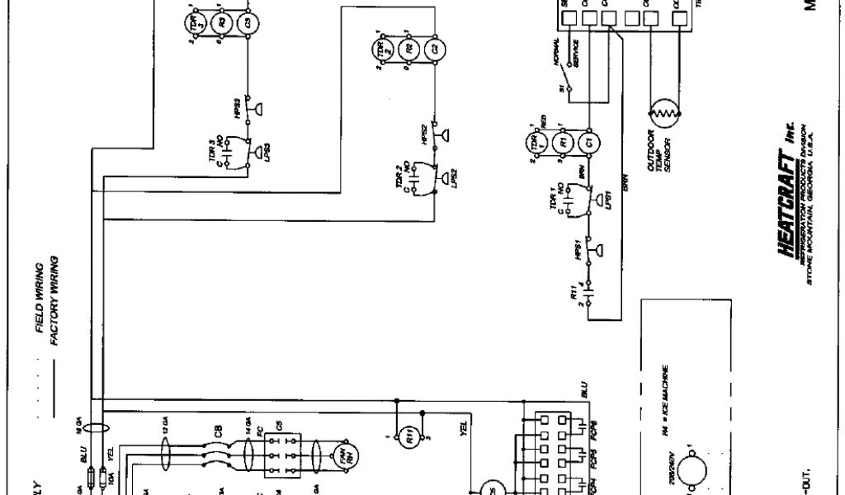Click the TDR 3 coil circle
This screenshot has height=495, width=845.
(x=195, y=21)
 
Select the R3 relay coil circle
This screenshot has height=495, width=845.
(x=221, y=21)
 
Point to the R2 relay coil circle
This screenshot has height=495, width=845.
(x=407, y=49)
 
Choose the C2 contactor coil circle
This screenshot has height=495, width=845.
(x=433, y=49)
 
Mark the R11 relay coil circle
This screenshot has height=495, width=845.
(x=409, y=436)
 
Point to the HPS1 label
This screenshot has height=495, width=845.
(x=577, y=252)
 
